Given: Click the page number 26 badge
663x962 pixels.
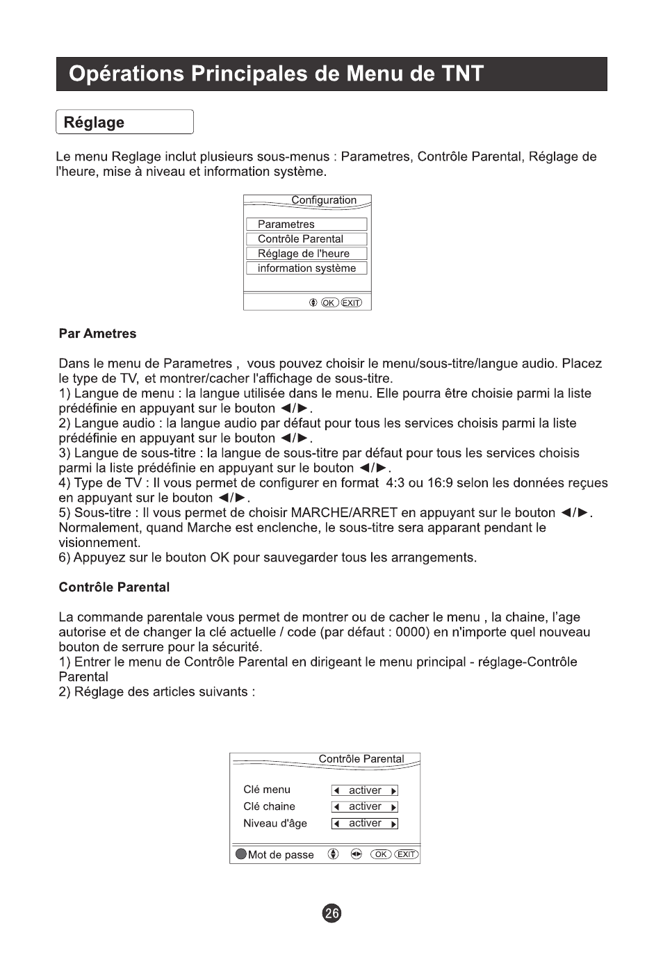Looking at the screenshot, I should [332, 913].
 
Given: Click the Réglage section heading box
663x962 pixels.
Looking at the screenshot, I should [124, 122].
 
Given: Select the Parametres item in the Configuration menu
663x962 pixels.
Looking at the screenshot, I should [306, 225].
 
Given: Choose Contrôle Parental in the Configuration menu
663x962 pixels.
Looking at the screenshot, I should [306, 239].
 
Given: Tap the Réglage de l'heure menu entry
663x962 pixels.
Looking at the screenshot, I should [306, 254].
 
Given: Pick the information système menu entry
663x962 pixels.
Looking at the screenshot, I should [306, 268].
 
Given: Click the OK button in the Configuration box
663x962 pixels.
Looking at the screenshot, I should [329, 302].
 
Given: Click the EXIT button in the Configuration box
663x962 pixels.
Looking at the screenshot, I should [352, 302].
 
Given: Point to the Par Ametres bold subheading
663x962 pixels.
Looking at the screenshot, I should [97, 334].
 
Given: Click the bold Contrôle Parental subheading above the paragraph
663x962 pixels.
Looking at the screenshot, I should [114, 587].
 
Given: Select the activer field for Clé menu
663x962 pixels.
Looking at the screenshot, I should [365, 790].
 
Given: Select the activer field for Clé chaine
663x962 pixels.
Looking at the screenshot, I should [365, 807].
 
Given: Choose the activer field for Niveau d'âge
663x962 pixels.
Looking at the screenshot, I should [365, 824].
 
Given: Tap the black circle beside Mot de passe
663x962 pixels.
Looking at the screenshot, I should [241, 854].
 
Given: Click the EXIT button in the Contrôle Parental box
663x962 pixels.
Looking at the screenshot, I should [407, 854].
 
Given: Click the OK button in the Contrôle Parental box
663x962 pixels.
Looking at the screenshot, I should [381, 854].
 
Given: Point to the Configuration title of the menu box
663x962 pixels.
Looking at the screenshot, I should [324, 200].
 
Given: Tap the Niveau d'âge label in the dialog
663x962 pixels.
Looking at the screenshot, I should [275, 824].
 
